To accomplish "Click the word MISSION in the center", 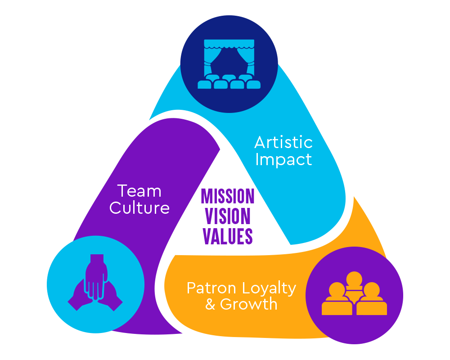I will click(228, 196).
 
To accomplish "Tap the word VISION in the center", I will click(228, 216).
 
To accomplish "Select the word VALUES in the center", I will click(228, 236).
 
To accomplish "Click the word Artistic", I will click(283, 143).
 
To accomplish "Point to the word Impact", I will click(283, 160).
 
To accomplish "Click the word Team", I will click(139, 191).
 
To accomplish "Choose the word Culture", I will click(139, 208).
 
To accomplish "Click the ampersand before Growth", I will click(210, 305).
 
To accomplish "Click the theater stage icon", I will click(229, 64).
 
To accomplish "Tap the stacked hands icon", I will click(95, 283).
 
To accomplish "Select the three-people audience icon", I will click(354, 295).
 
